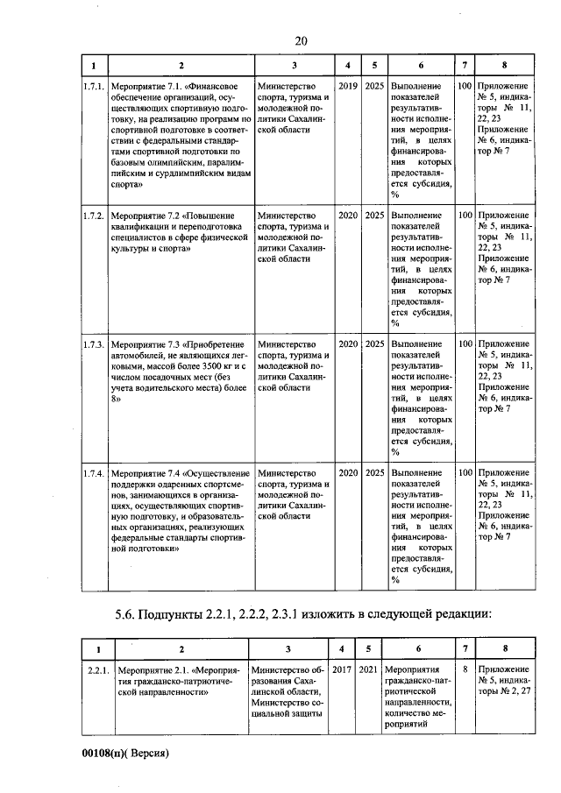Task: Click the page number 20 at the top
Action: tap(301, 41)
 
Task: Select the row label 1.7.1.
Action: tap(94, 87)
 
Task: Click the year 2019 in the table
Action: tap(348, 87)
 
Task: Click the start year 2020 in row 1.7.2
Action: tap(348, 215)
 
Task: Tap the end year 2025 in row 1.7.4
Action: tap(374, 473)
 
